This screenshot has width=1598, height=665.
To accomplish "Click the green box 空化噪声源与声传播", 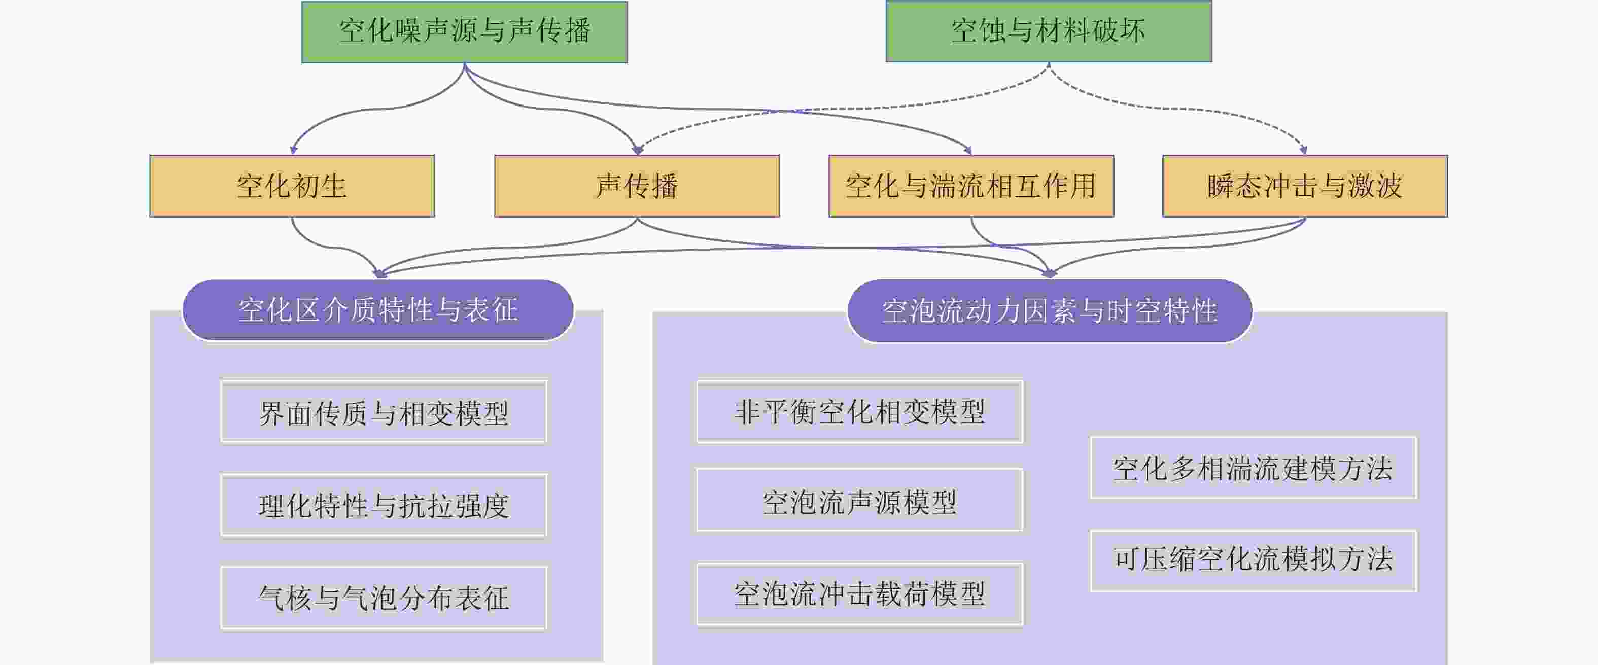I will click(x=464, y=31).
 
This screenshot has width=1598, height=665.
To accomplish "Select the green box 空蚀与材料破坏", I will click(x=1049, y=31).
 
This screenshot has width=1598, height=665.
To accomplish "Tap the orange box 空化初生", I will click(x=292, y=186).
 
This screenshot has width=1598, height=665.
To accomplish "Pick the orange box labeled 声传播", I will click(x=637, y=186).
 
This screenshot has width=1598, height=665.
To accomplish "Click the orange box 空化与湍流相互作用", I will click(x=971, y=186).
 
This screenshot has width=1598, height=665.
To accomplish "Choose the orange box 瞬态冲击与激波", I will click(x=1305, y=186).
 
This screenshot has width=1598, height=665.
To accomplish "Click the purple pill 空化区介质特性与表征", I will click(x=378, y=309).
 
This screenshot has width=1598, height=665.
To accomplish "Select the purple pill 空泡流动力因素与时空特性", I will click(x=1050, y=311).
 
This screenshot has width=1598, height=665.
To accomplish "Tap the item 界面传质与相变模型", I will click(x=384, y=412).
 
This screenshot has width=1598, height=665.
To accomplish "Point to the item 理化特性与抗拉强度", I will click(x=384, y=506).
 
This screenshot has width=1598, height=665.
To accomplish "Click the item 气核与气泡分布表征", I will click(x=384, y=598).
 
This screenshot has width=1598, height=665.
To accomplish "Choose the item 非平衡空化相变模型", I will click(x=859, y=412).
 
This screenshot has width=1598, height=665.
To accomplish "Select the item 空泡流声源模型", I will click(x=859, y=501).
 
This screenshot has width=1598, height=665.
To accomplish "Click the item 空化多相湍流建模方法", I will click(x=1253, y=468).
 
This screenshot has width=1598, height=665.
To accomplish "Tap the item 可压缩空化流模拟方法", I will click(x=1253, y=560).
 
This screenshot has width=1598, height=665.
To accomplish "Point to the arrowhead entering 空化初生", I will click(x=293, y=150).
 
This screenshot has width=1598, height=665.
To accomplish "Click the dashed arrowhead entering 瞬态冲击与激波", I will click(x=1303, y=150).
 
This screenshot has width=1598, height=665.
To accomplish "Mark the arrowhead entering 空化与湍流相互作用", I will click(x=968, y=151).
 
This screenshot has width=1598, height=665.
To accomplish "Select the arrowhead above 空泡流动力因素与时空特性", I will click(x=1049, y=273).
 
